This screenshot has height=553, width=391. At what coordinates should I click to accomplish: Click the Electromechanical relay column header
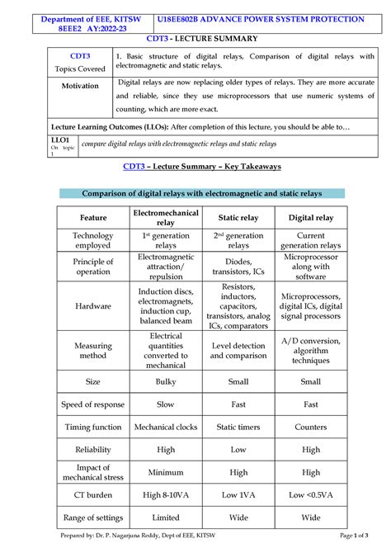point(166,217)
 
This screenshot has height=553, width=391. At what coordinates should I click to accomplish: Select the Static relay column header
point(238,218)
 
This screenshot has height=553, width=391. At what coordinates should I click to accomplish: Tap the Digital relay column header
point(310,218)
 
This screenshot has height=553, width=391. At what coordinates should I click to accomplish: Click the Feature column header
point(93,218)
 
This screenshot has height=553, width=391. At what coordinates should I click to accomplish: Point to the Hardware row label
point(93,306)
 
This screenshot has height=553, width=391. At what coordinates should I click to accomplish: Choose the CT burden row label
point(93,494)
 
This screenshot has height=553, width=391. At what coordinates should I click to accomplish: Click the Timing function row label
point(93,428)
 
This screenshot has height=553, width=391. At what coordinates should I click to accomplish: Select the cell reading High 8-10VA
point(166,494)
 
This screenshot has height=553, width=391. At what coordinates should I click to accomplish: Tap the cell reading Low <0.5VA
point(310,494)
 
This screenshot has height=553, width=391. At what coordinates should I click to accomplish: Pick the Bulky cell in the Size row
point(166,382)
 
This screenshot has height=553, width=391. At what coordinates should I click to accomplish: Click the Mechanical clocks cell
point(166,428)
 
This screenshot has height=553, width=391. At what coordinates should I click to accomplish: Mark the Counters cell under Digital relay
point(310,428)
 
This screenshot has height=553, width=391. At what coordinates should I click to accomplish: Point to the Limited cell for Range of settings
point(166,518)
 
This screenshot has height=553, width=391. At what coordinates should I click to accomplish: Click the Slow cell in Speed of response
point(166,404)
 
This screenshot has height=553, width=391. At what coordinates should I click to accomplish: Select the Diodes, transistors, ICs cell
point(238,266)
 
